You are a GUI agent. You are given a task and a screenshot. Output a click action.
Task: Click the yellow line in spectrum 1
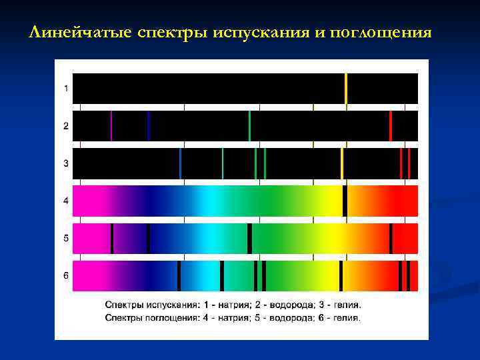tap(346, 88)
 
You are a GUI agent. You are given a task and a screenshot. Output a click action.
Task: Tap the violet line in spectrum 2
tap(111, 125)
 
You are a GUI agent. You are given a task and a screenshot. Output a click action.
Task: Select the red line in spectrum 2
tap(391, 125)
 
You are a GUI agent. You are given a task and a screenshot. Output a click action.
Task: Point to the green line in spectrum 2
tap(249, 125)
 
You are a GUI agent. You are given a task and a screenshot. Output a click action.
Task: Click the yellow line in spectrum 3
tap(342, 163)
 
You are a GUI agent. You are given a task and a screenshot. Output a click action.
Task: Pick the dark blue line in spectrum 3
tap(180, 163)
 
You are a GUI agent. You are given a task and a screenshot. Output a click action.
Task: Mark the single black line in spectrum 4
tap(345, 201)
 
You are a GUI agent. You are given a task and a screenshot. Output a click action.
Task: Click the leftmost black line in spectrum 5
tap(112, 238)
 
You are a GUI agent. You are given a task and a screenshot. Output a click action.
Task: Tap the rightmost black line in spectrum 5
tap(391, 238)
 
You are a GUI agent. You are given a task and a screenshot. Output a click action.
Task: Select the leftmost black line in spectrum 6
tap(179, 275)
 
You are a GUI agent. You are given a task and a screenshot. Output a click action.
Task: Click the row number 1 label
tap(65, 88)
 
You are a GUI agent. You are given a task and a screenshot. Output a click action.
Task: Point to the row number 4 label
tap(65, 201)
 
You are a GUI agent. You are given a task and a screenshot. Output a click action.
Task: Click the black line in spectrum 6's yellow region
tap(341, 275)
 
